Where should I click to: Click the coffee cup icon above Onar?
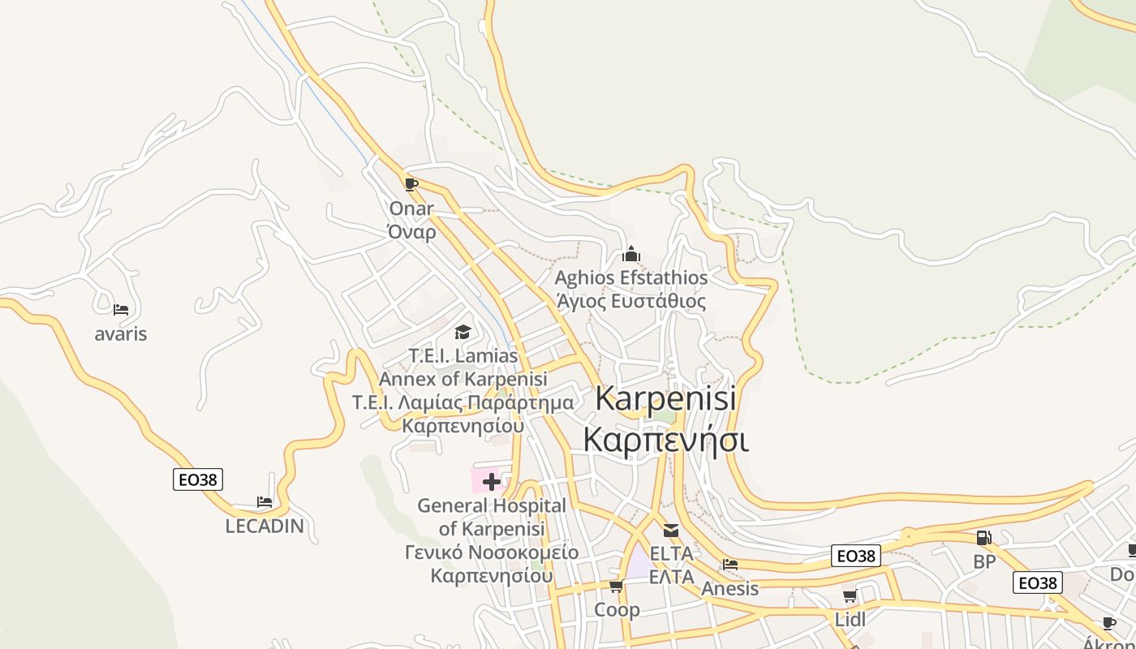pyautogui.click(x=411, y=184)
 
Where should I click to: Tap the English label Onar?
pyautogui.click(x=411, y=208)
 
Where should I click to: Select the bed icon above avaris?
pyautogui.click(x=121, y=309)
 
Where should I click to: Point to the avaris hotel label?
pyautogui.click(x=121, y=333)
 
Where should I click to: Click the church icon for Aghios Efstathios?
pyautogui.click(x=631, y=254)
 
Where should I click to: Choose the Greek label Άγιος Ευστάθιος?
pyautogui.click(x=631, y=302)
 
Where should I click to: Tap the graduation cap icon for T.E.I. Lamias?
pyautogui.click(x=463, y=332)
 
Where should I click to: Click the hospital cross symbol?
pyautogui.click(x=491, y=482)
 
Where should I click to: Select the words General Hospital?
pyautogui.click(x=492, y=505)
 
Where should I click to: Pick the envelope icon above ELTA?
pyautogui.click(x=671, y=531)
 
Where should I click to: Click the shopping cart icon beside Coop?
pyautogui.click(x=616, y=586)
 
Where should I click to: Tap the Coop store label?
pyautogui.click(x=617, y=609)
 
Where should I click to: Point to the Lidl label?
pyautogui.click(x=850, y=620)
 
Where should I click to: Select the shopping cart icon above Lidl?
pyautogui.click(x=850, y=596)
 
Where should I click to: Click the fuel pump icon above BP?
pyautogui.click(x=983, y=537)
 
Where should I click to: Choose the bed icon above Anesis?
pyautogui.click(x=730, y=565)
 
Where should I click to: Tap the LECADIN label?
pyautogui.click(x=265, y=526)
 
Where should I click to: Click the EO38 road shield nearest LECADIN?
pyautogui.click(x=198, y=479)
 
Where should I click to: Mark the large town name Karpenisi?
pyautogui.click(x=665, y=398)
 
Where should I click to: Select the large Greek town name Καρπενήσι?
pyautogui.click(x=665, y=440)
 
